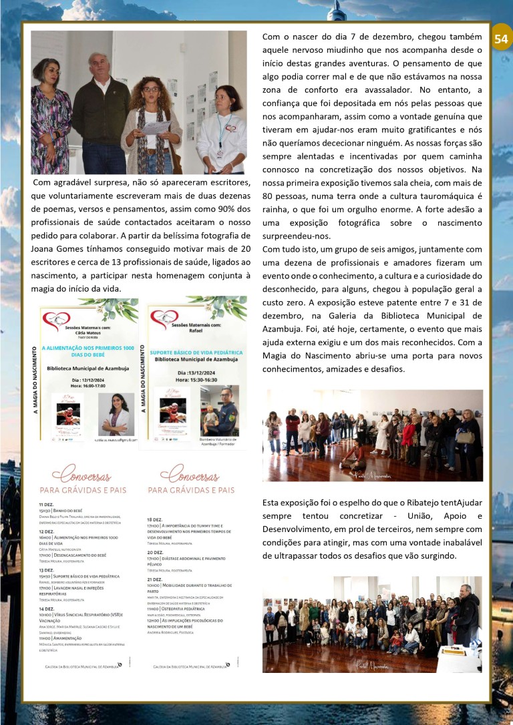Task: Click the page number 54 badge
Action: (x=500, y=39)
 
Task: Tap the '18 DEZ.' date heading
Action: (x=154, y=519)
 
